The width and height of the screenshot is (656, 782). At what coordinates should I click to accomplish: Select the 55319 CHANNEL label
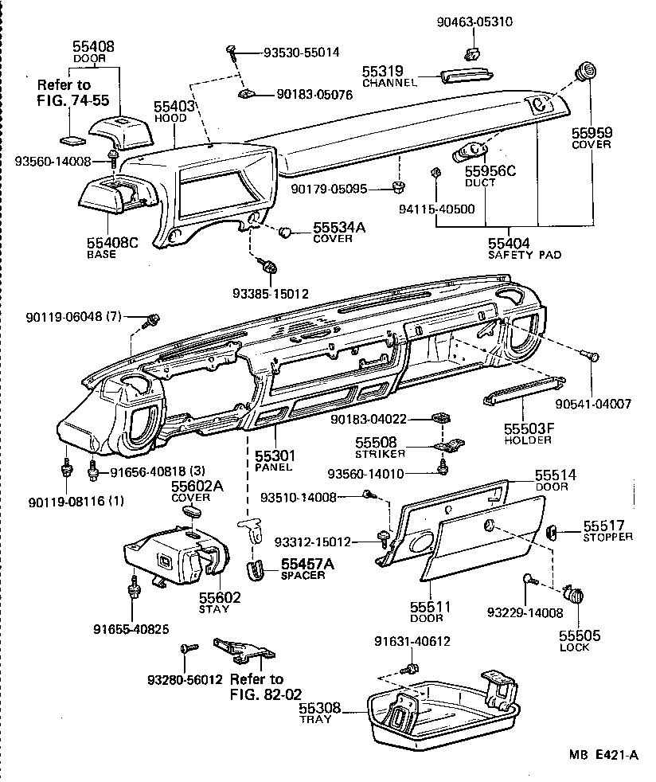point(389,76)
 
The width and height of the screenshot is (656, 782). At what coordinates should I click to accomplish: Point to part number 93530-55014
point(301,53)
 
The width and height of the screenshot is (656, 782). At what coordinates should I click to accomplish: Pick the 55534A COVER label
point(338,233)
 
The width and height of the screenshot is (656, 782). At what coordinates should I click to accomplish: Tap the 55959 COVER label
point(591,138)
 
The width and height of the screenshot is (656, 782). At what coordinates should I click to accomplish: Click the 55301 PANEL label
point(275,460)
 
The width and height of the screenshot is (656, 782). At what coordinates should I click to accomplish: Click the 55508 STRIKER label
point(381,448)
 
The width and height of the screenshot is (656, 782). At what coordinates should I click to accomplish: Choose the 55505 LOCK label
point(579,641)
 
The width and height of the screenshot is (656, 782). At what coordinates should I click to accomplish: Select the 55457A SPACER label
point(307,569)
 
